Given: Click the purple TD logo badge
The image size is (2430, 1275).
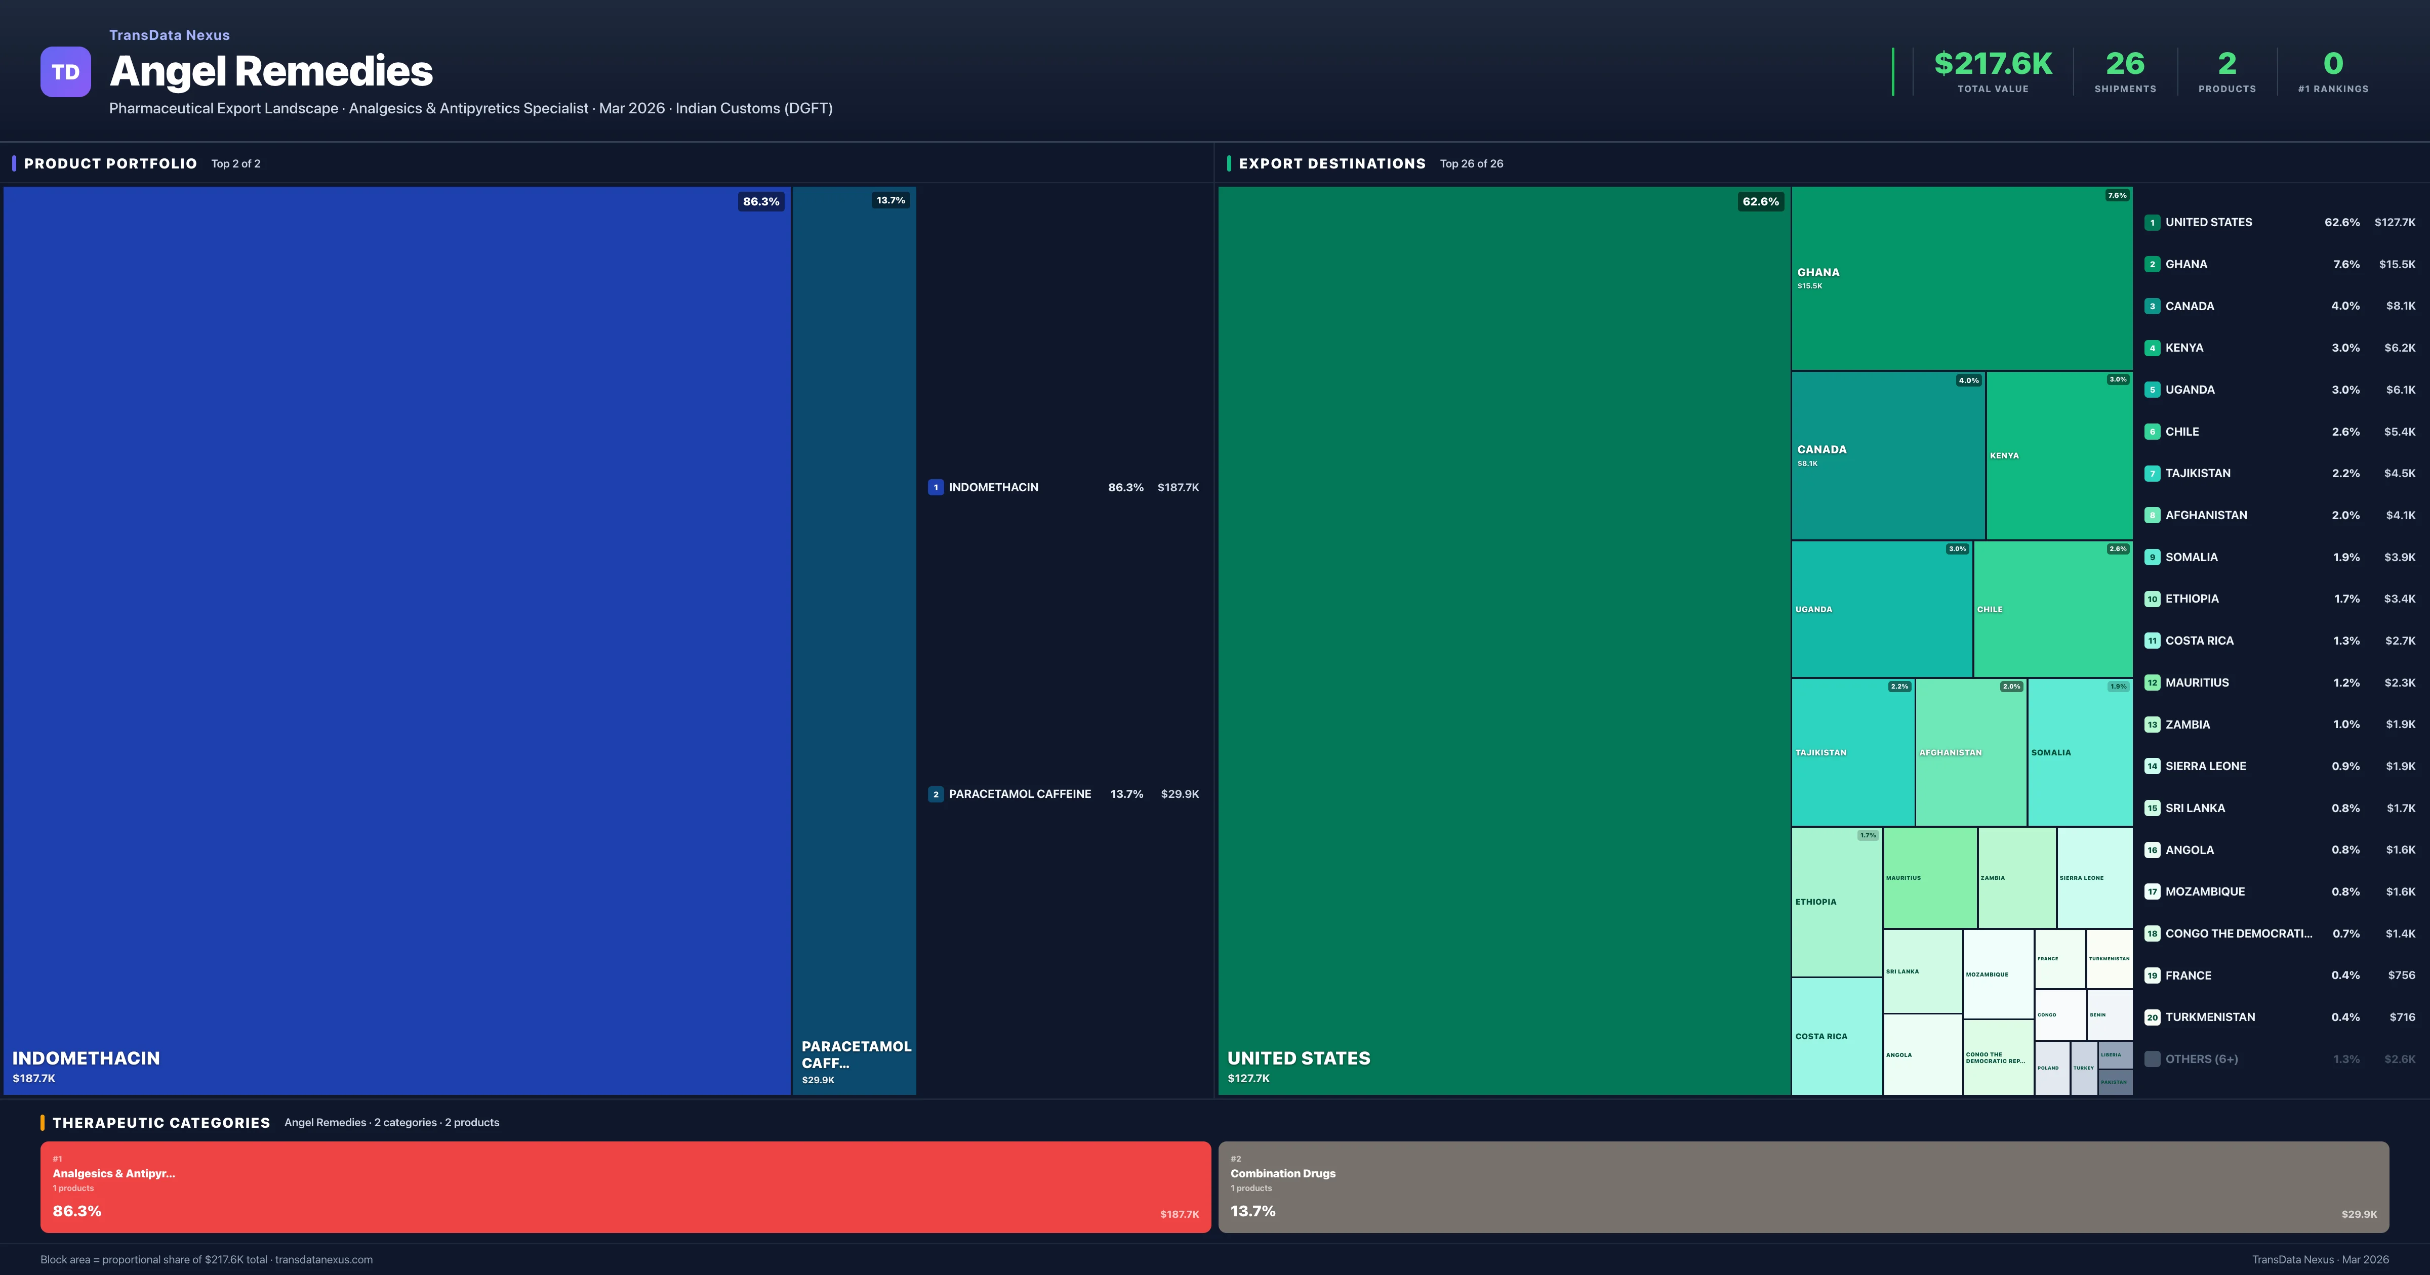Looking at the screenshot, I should point(65,72).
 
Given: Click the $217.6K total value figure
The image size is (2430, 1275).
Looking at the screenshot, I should point(1992,63).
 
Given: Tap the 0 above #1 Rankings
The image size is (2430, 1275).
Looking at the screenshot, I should point(2333,63).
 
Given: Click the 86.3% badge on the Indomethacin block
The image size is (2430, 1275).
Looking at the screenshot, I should point(760,201).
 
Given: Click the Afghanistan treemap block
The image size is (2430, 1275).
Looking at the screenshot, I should point(1971,752).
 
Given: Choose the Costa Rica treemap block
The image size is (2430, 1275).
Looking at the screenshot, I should point(1836,1036).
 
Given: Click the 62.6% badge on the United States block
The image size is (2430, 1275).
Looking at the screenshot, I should point(1760,201).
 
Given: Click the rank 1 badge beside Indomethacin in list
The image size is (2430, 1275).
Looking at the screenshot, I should point(935,488).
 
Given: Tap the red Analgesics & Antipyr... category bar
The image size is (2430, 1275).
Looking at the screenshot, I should point(625,1186).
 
